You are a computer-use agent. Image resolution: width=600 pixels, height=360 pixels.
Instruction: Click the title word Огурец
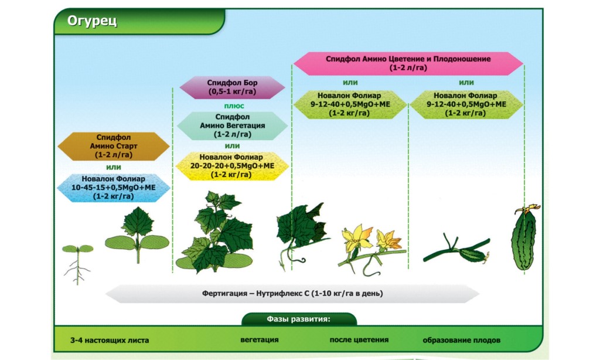click(x=92, y=21)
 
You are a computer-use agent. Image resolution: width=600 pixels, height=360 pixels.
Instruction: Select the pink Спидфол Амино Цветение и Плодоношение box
click(x=408, y=63)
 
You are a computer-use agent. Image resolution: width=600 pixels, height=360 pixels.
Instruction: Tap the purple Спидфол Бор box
click(x=232, y=87)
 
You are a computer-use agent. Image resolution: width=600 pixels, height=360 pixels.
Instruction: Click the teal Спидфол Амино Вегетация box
click(x=232, y=125)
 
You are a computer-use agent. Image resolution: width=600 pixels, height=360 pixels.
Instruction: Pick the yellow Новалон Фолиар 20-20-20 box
click(x=232, y=166)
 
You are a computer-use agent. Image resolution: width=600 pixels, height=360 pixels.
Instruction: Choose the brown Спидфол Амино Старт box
click(x=114, y=146)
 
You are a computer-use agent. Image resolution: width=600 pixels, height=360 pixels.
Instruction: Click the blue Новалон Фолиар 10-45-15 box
click(x=114, y=188)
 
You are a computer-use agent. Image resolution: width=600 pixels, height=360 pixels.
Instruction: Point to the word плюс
click(x=234, y=106)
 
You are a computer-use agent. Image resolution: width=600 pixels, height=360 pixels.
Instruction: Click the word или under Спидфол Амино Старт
click(x=114, y=167)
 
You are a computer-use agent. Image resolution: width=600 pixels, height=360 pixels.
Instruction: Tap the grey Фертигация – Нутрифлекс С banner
click(x=292, y=293)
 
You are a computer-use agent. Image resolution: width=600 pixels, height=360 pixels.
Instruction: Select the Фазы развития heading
click(x=299, y=319)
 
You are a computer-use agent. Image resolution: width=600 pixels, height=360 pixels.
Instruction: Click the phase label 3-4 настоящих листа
click(x=110, y=340)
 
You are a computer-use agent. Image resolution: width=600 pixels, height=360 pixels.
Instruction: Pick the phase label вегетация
click(x=260, y=339)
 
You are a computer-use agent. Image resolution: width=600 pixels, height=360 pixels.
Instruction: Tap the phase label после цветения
click(x=359, y=339)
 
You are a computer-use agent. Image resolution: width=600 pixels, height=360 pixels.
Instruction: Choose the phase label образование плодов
click(x=462, y=340)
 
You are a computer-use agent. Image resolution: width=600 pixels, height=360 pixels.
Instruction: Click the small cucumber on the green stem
click(x=473, y=255)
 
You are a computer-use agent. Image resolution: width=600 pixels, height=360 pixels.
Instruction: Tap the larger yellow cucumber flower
click(x=357, y=238)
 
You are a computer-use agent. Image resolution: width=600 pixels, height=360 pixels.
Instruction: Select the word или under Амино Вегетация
click(x=232, y=146)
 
